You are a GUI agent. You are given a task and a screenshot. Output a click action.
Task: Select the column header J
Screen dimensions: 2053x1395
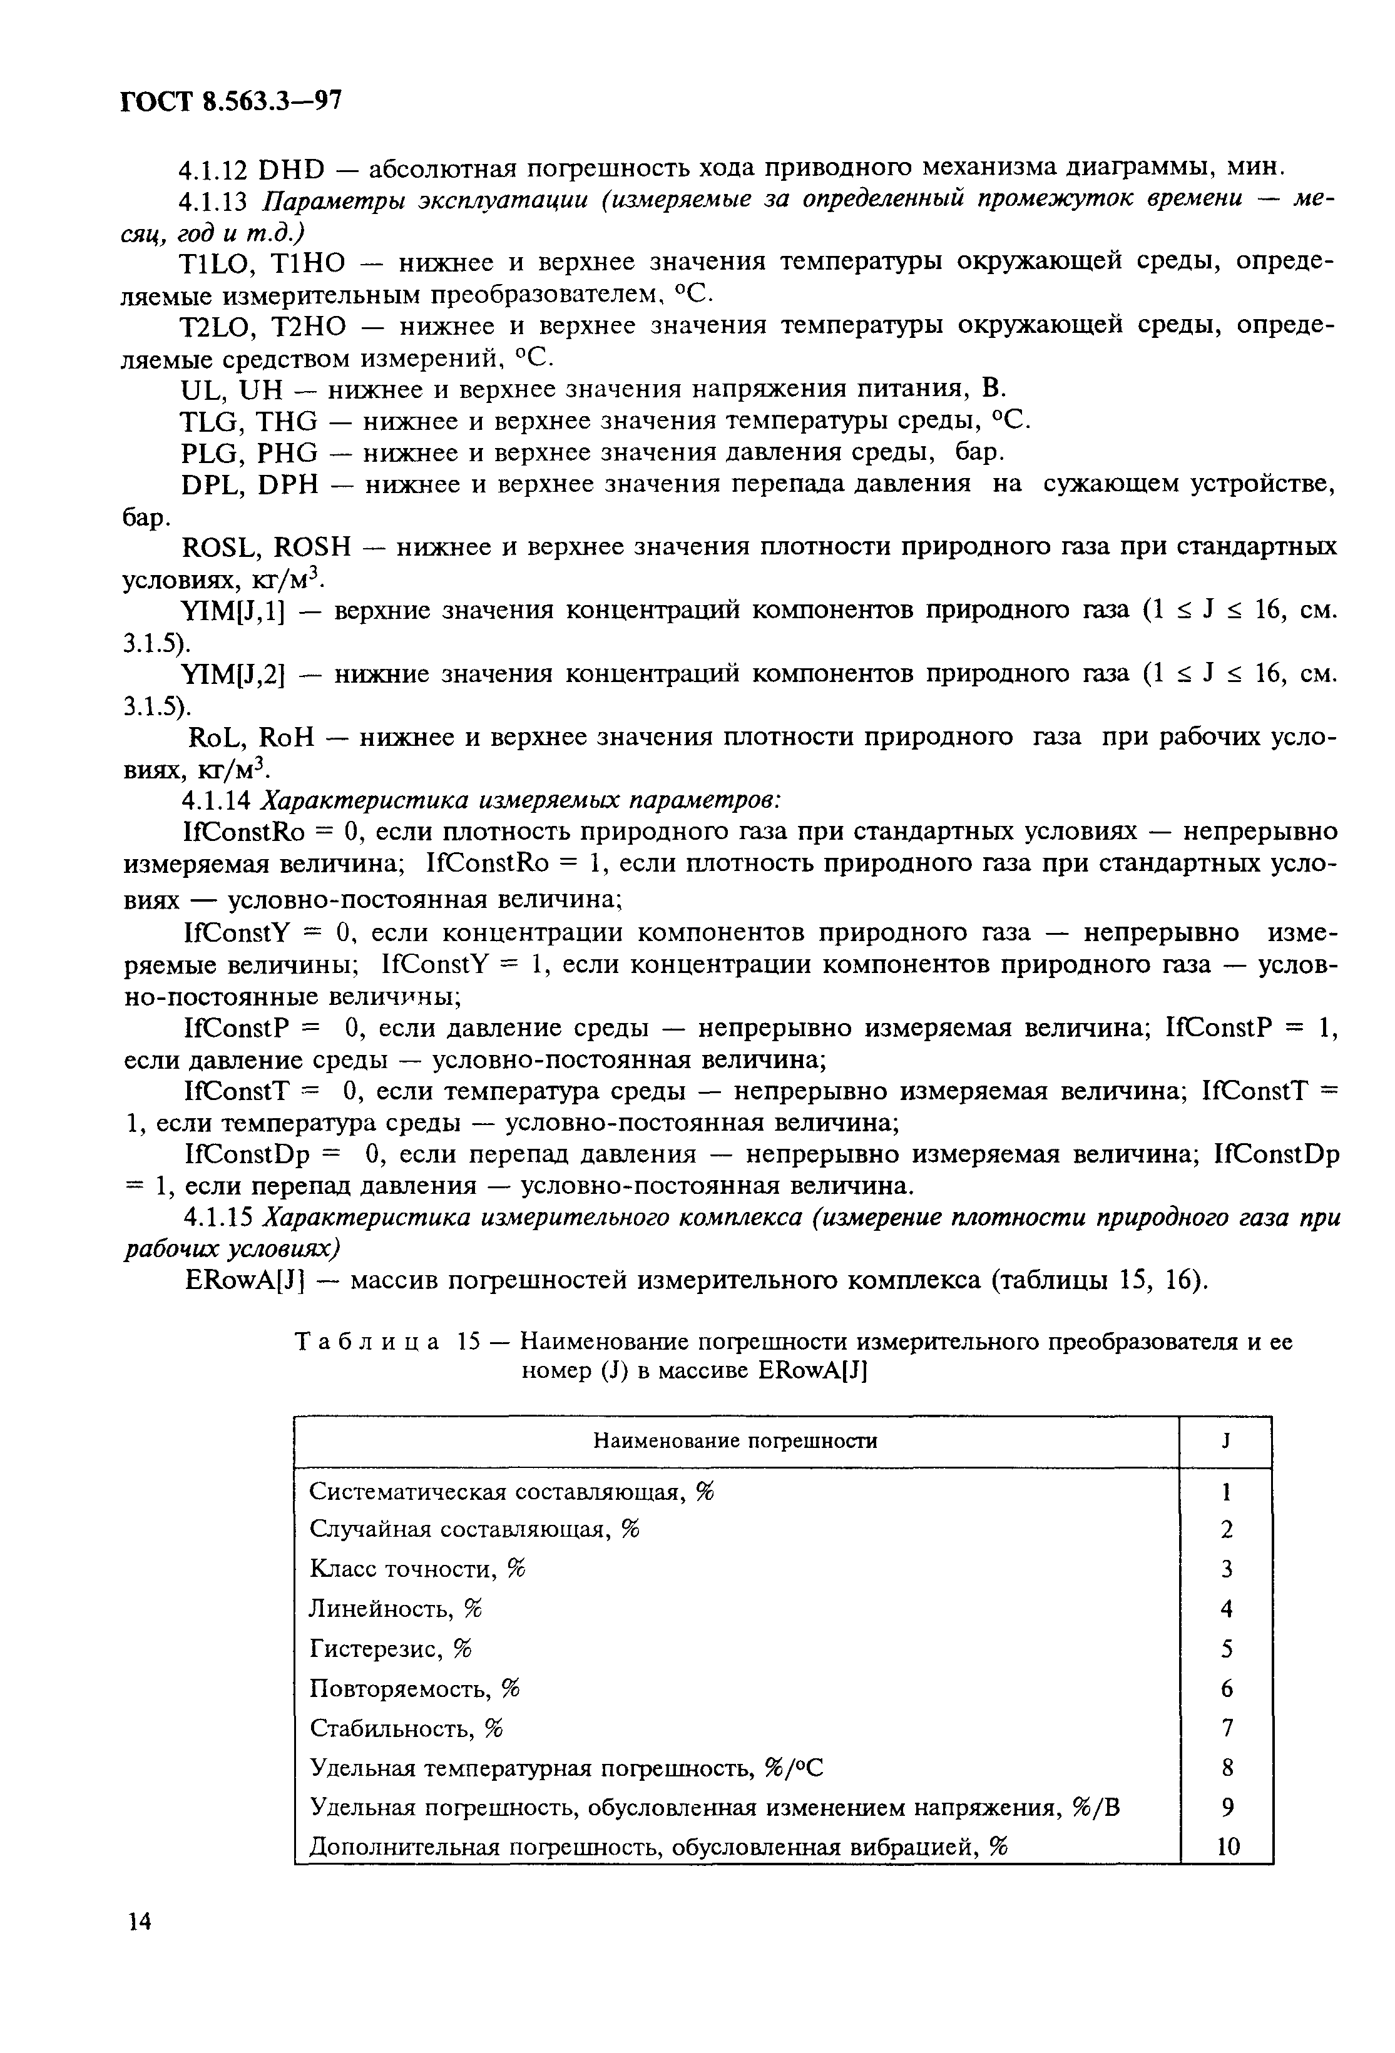coord(1225,1442)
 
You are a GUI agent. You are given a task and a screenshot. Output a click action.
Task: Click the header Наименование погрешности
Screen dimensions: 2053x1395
coord(735,1442)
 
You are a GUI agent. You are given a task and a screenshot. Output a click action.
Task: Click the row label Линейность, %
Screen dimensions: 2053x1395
coord(396,1609)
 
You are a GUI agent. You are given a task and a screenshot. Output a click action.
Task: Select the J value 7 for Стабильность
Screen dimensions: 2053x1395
coord(1226,1727)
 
